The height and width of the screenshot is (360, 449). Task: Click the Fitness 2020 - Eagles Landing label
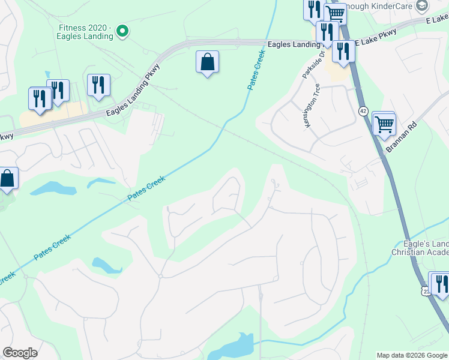coord(85,31)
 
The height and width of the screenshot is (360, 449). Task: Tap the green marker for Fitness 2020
coord(122,31)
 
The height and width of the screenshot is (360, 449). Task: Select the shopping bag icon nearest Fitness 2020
coord(207,62)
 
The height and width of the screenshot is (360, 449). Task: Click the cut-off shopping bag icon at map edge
coord(7,178)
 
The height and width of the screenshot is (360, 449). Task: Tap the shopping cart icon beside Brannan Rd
coord(384,125)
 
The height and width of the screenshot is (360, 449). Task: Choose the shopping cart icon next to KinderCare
coord(335,13)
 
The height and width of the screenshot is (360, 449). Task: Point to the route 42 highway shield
coord(363,111)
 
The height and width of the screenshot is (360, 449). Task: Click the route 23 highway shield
coord(426,291)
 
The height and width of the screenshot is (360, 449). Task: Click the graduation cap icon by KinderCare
coord(422,5)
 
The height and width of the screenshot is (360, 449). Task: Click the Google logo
coord(20,353)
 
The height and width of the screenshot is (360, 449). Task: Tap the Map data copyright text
coord(412,355)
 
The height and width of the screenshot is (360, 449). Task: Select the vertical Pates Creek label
coord(256,71)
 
